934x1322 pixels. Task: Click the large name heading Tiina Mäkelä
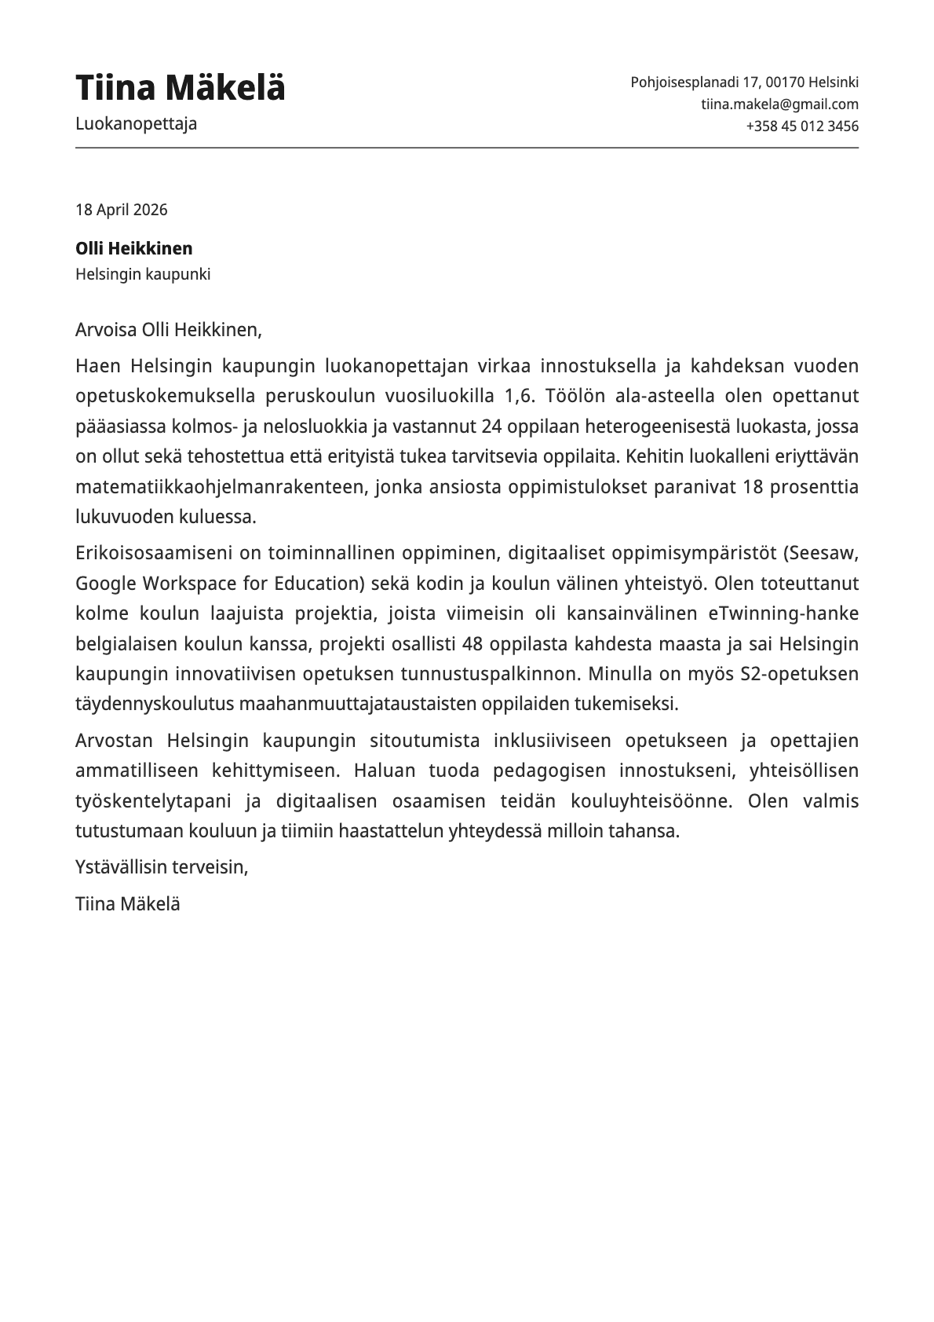point(180,88)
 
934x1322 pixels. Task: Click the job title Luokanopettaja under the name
point(136,124)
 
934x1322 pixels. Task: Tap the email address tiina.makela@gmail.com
point(779,104)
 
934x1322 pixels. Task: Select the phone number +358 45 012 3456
point(801,126)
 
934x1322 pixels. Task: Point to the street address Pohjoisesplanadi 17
point(695,82)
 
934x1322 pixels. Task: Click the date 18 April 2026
point(121,210)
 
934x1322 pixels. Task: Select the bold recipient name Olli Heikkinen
point(133,249)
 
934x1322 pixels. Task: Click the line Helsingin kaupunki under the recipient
point(143,275)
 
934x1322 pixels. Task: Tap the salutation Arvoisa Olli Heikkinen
point(168,330)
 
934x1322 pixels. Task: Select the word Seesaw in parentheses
point(823,553)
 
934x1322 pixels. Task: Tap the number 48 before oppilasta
point(472,644)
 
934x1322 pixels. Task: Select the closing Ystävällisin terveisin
point(162,867)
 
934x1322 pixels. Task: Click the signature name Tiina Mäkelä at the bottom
point(128,904)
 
